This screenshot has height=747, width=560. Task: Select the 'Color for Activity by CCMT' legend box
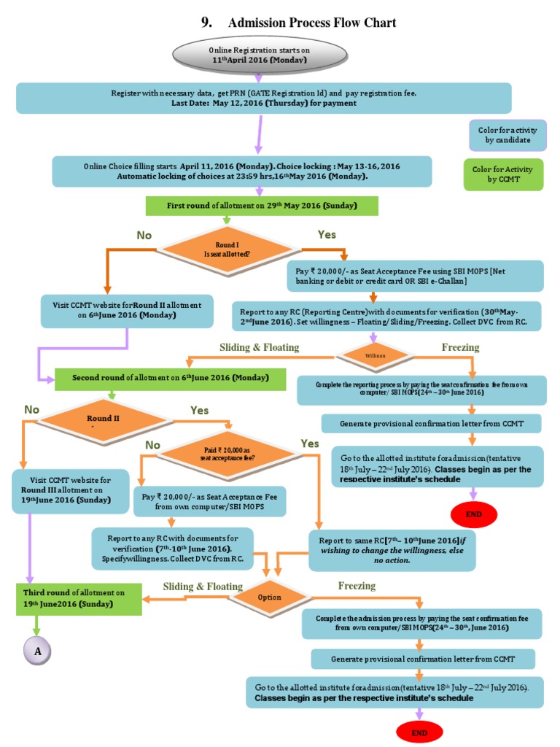click(504, 174)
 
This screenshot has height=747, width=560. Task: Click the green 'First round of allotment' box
click(262, 206)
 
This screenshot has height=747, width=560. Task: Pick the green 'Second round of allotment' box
click(170, 378)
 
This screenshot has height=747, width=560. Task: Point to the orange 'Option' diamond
click(269, 597)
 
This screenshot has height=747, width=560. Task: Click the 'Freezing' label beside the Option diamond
click(357, 585)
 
